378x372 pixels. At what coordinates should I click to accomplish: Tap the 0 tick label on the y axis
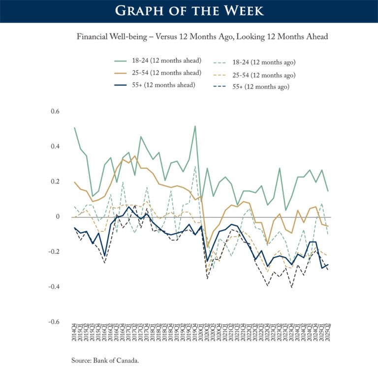coord(58,217)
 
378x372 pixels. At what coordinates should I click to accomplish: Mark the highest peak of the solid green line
coord(195,126)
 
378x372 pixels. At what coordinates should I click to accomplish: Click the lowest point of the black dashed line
coord(291,287)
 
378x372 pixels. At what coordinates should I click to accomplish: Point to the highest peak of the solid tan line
coord(135,156)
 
